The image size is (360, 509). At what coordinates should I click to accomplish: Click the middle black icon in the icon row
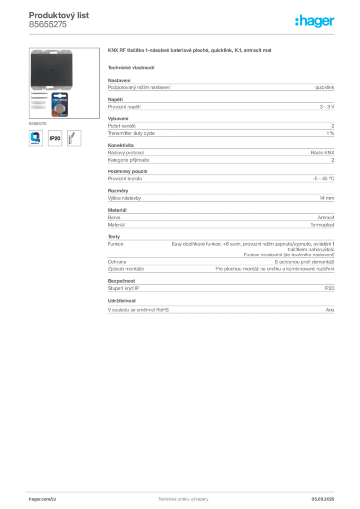pyautogui.click(x=55, y=138)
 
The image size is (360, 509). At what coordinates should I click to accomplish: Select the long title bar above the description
pyautogui.click(x=190, y=51)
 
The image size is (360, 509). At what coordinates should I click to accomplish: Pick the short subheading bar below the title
pyautogui.click(x=131, y=67)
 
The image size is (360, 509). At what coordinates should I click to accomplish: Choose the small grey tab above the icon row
pyautogui.click(x=38, y=123)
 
